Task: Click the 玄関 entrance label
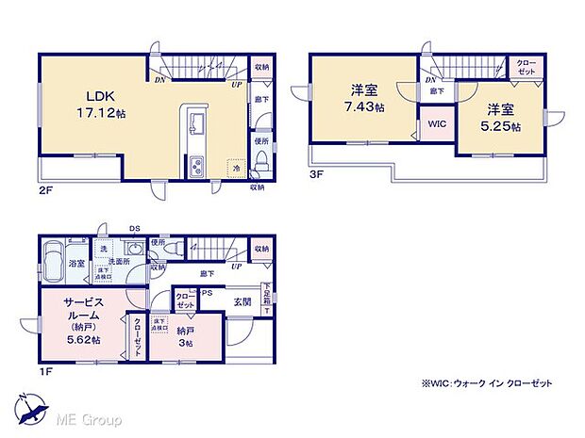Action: click(x=242, y=302)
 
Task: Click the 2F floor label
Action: click(x=44, y=187)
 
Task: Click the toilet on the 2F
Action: click(x=262, y=163)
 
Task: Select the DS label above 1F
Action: click(x=134, y=227)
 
